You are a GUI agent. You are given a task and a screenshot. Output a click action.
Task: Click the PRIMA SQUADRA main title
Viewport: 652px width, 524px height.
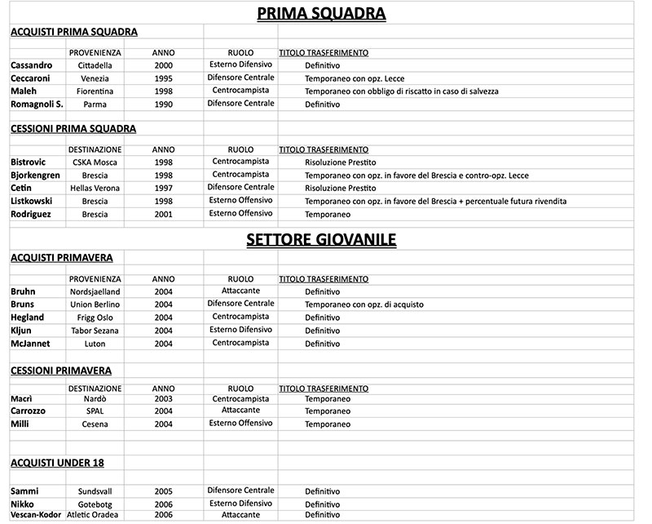[321, 13]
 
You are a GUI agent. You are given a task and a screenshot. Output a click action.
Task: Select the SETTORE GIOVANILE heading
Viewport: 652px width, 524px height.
[321, 239]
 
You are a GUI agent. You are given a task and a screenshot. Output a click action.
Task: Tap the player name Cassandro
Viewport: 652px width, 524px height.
[32, 64]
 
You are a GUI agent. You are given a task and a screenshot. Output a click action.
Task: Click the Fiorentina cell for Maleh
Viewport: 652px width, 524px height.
[95, 91]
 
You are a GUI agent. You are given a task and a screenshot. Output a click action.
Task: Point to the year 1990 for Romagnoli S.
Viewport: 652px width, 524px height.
[163, 104]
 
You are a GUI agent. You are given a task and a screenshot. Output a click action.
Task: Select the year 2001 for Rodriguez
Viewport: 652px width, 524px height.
[163, 215]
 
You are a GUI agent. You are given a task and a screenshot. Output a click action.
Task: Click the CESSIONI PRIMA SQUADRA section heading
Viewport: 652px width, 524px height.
[73, 128]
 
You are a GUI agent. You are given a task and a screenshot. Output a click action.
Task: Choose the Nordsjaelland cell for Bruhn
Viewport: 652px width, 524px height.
[95, 292]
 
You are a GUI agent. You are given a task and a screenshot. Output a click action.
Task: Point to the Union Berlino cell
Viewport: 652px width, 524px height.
[95, 305]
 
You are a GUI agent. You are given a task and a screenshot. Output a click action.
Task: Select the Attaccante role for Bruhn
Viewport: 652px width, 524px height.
[240, 291]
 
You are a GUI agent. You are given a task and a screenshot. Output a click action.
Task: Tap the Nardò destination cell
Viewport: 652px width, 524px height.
[95, 398]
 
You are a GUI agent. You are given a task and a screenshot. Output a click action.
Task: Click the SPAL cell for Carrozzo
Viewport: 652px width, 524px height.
[95, 411]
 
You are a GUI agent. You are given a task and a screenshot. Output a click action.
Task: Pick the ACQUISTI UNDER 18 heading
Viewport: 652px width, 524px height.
[57, 463]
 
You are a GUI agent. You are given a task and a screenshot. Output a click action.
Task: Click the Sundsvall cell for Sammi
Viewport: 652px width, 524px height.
[95, 492]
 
